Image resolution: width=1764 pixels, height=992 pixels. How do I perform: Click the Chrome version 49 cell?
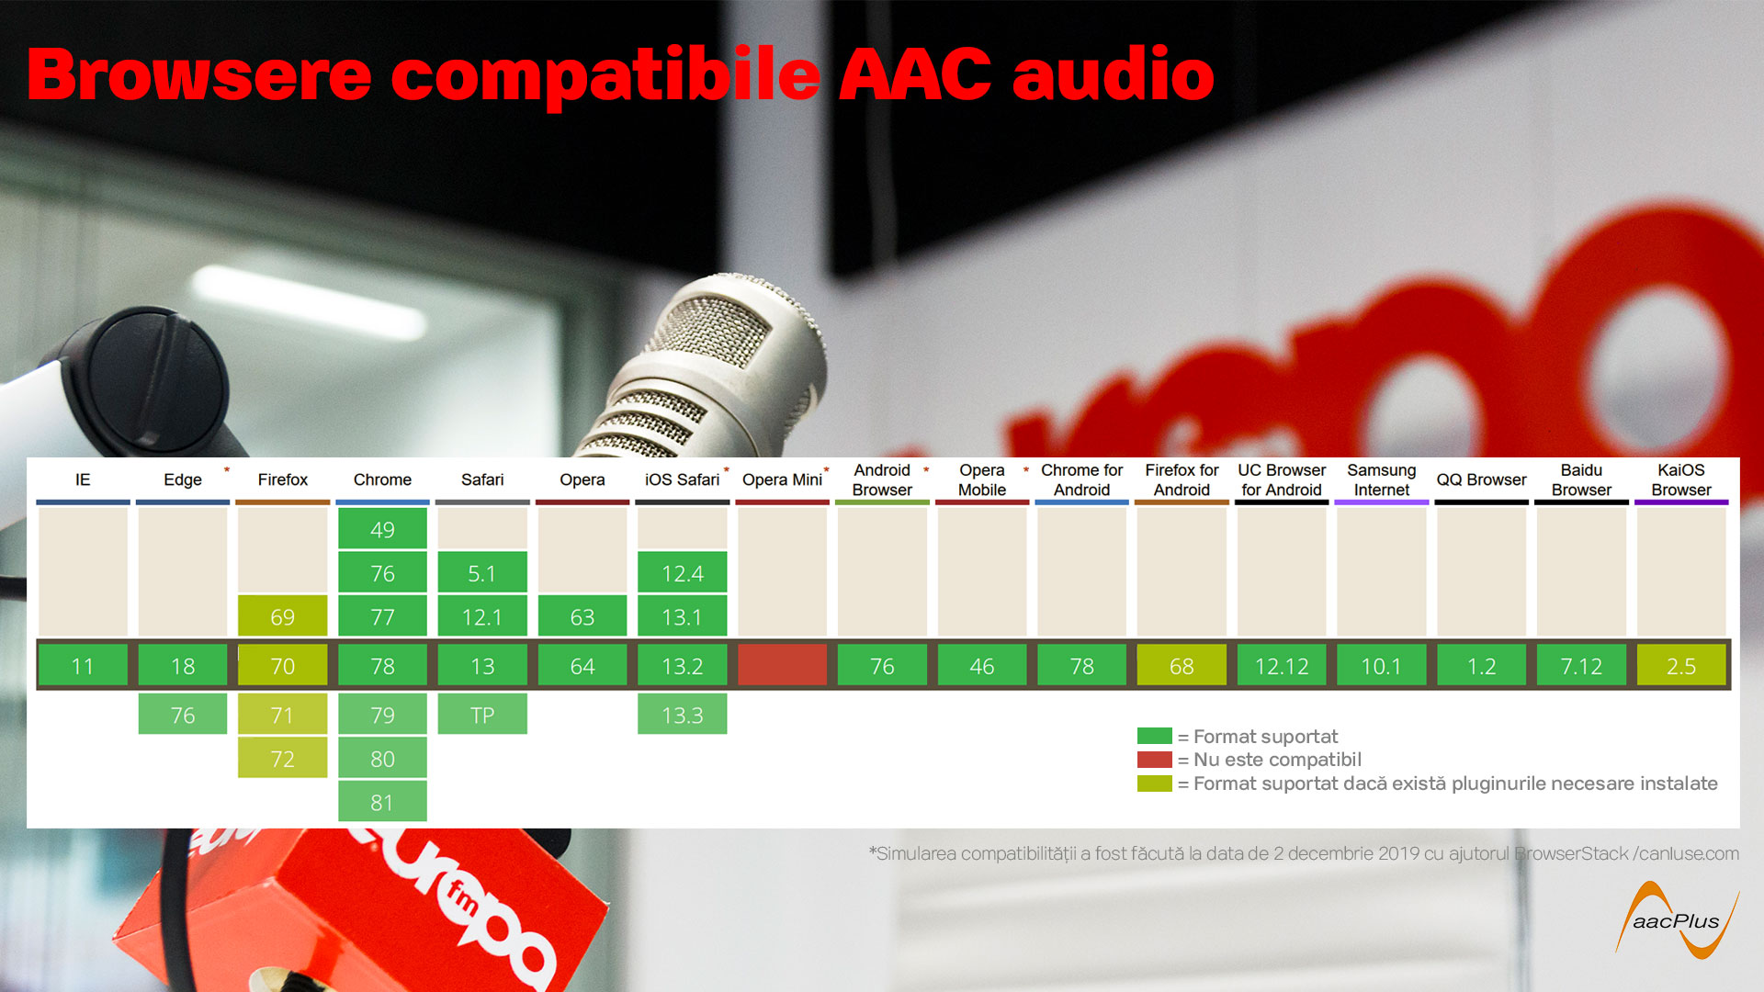pyautogui.click(x=382, y=528)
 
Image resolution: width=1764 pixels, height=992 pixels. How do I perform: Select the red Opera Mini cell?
pyautogui.click(x=782, y=665)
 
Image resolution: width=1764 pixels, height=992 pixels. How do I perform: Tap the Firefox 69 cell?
pyautogui.click(x=282, y=615)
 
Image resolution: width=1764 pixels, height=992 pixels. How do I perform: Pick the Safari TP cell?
pyautogui.click(x=482, y=714)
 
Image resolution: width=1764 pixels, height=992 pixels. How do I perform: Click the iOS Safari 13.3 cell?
pyautogui.click(x=682, y=714)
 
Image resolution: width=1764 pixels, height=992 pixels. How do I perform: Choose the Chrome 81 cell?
pyautogui.click(x=382, y=801)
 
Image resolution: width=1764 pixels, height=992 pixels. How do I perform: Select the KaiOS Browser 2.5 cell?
pyautogui.click(x=1681, y=665)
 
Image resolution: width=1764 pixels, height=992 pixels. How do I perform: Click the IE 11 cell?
pyautogui.click(x=83, y=665)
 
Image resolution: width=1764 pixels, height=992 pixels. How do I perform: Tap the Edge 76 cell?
pyautogui.click(x=183, y=714)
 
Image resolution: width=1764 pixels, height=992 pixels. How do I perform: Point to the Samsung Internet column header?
pyautogui.click(x=1382, y=479)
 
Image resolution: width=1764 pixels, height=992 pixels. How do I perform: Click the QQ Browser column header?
pyautogui.click(x=1481, y=479)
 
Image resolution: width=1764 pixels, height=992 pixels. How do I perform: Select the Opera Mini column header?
pyautogui.click(x=782, y=479)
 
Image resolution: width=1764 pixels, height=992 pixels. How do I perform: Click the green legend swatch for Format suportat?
pyautogui.click(x=1154, y=736)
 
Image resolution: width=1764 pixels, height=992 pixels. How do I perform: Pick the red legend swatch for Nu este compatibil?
pyautogui.click(x=1154, y=760)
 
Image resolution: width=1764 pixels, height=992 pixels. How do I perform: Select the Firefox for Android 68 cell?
pyautogui.click(x=1182, y=665)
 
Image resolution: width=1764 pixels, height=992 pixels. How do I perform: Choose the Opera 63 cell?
pyautogui.click(x=582, y=615)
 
